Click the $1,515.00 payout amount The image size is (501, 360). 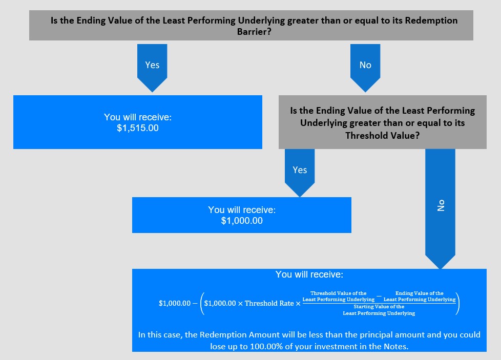[138, 128]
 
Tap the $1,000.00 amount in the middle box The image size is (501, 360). [242, 221]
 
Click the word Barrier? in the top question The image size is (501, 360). [254, 32]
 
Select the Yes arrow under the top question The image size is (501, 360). [152, 68]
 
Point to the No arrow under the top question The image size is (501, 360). [365, 68]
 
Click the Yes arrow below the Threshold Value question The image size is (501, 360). [300, 173]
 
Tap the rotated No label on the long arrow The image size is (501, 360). [441, 205]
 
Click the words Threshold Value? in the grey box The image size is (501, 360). [383, 135]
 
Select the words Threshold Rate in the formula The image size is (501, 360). [269, 304]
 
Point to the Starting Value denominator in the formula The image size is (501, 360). [379, 310]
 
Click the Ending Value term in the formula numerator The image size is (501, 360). [420, 296]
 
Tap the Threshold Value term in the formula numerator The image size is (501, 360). [339, 296]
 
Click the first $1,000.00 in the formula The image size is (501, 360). [175, 304]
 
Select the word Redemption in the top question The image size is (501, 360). [431, 21]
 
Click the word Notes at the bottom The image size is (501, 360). [395, 347]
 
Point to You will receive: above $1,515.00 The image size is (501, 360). [138, 117]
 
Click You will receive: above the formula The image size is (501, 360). [309, 274]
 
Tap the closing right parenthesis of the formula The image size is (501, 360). [458, 303]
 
